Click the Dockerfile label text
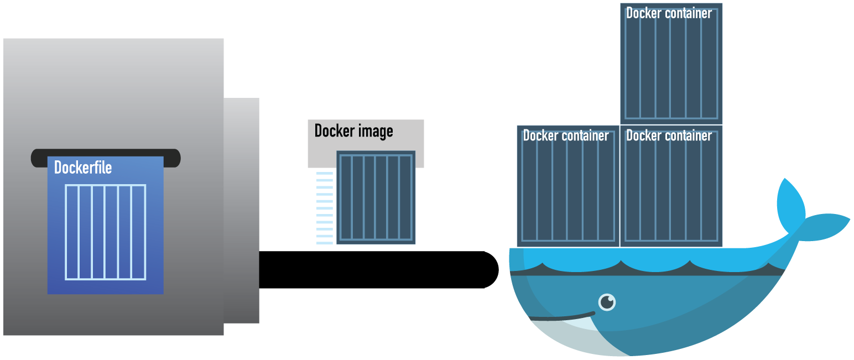point(83,167)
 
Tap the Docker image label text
point(353,131)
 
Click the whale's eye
point(607,302)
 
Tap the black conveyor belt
point(371,269)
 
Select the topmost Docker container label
point(669,13)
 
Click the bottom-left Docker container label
point(565,135)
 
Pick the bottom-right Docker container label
point(669,135)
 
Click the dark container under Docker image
point(376,197)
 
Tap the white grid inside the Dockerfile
point(105,232)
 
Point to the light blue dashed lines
point(324,208)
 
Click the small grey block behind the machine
point(242,210)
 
